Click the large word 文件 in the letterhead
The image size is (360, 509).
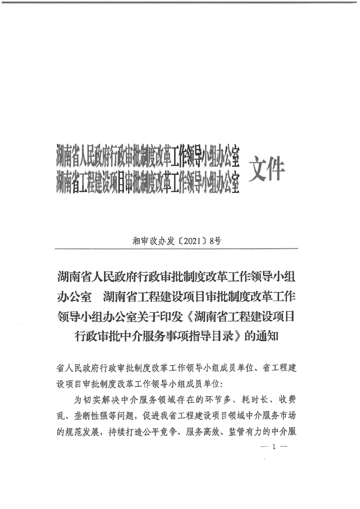pyautogui.click(x=266, y=169)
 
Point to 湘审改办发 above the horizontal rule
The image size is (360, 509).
pyautogui.click(x=157, y=241)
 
